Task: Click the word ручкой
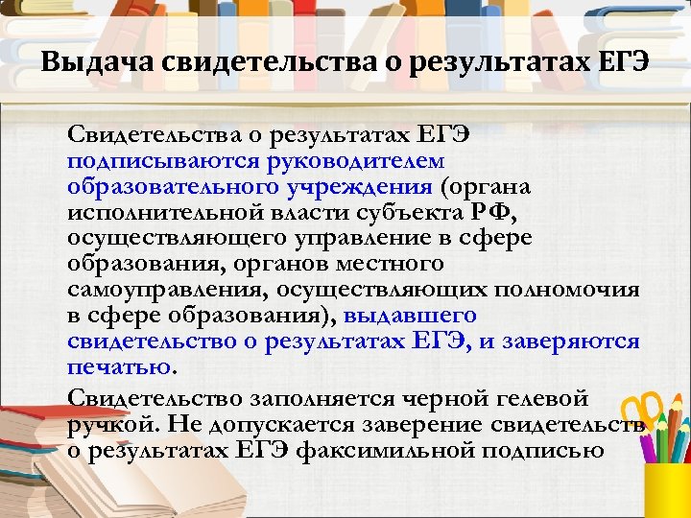tap(108, 422)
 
